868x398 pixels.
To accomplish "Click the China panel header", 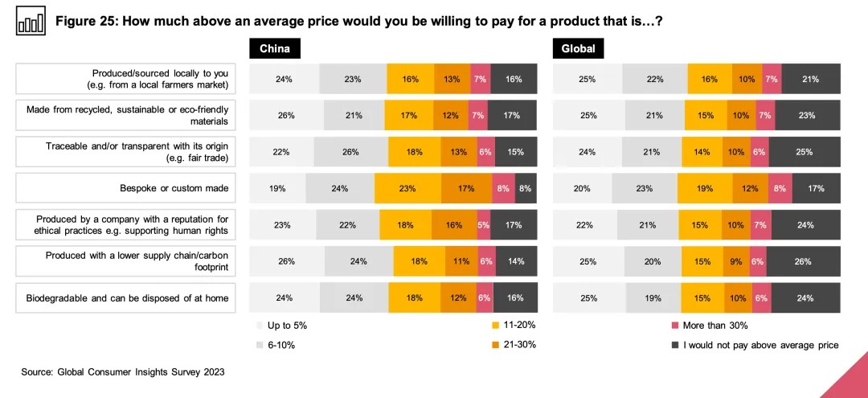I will (x=275, y=49).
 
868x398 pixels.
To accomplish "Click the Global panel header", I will (x=579, y=49).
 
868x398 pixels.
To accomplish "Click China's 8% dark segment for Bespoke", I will (x=526, y=189).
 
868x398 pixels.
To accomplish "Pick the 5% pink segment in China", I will (x=483, y=225).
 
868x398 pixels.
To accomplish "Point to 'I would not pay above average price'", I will (x=755, y=345).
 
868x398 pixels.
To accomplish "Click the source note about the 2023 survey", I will (x=123, y=372).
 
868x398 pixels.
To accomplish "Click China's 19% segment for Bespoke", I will (x=277, y=189).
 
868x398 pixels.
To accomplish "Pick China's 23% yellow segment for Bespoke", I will (x=407, y=189).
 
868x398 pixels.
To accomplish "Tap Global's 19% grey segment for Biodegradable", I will (x=653, y=297).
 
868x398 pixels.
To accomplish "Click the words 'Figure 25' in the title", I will (x=88, y=22).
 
